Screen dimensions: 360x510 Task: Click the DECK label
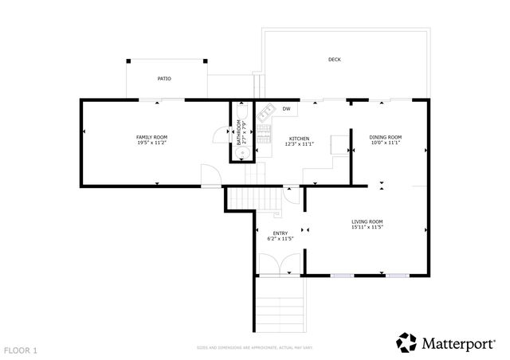[335, 60]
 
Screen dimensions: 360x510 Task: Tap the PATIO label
[164, 79]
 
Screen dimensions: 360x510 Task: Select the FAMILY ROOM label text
[151, 137]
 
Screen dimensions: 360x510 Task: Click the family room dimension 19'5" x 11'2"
[151, 143]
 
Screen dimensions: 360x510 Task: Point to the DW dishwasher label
[285, 108]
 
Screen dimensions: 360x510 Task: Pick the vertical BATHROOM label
[237, 132]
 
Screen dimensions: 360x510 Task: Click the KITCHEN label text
[299, 137]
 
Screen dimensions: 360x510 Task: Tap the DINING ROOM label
[385, 137]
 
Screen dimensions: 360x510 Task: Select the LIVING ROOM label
[367, 221]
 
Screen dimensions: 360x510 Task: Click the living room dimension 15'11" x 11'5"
[367, 228]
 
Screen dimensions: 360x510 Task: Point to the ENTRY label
[280, 233]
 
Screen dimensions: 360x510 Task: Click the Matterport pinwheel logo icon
[406, 342]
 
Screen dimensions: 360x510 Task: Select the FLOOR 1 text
[21, 350]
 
